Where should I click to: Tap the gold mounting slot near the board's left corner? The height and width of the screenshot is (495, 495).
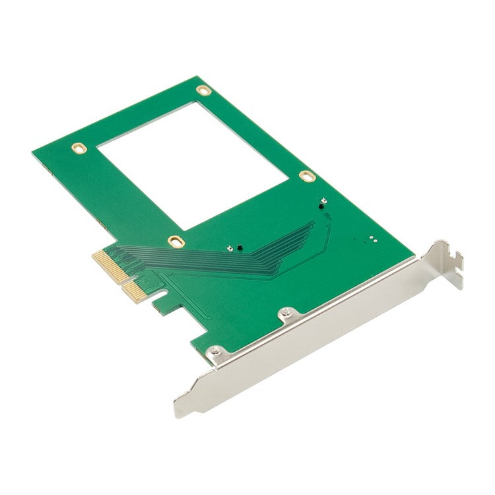coord(79,147)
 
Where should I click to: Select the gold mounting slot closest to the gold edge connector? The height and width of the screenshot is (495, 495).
coord(175,242)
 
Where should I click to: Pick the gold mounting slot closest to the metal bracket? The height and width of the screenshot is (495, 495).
coord(306,176)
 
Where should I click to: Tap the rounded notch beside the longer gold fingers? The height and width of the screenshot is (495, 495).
coord(158,303)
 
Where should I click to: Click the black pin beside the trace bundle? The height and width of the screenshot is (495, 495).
coord(238,249)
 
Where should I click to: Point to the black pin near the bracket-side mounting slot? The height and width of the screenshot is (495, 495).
coord(321,207)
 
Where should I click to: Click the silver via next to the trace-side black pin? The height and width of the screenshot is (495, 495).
coord(229,249)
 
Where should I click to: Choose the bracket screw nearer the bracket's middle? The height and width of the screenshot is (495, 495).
coord(284,312)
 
